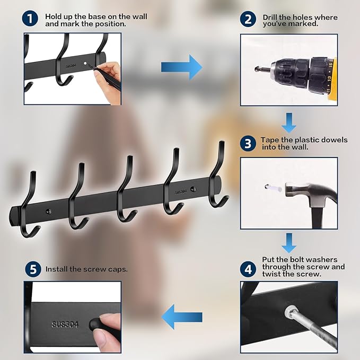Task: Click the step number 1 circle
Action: [x=30, y=19]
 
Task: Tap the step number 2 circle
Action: [x=248, y=19]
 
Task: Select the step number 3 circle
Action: [x=248, y=144]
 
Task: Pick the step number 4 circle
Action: [x=248, y=269]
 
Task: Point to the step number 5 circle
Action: [x=33, y=269]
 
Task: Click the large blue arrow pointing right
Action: [x=182, y=67]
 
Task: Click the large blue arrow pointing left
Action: [x=182, y=317]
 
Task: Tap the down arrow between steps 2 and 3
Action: [x=289, y=122]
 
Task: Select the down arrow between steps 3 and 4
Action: [x=289, y=243]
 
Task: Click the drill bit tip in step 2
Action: [x=257, y=68]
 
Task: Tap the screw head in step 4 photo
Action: [x=290, y=312]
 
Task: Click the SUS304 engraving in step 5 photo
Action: [x=65, y=324]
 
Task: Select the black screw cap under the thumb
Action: [x=95, y=324]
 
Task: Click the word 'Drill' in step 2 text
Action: [x=270, y=17]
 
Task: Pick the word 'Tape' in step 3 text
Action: [x=269, y=140]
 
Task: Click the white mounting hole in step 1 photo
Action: [x=85, y=63]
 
